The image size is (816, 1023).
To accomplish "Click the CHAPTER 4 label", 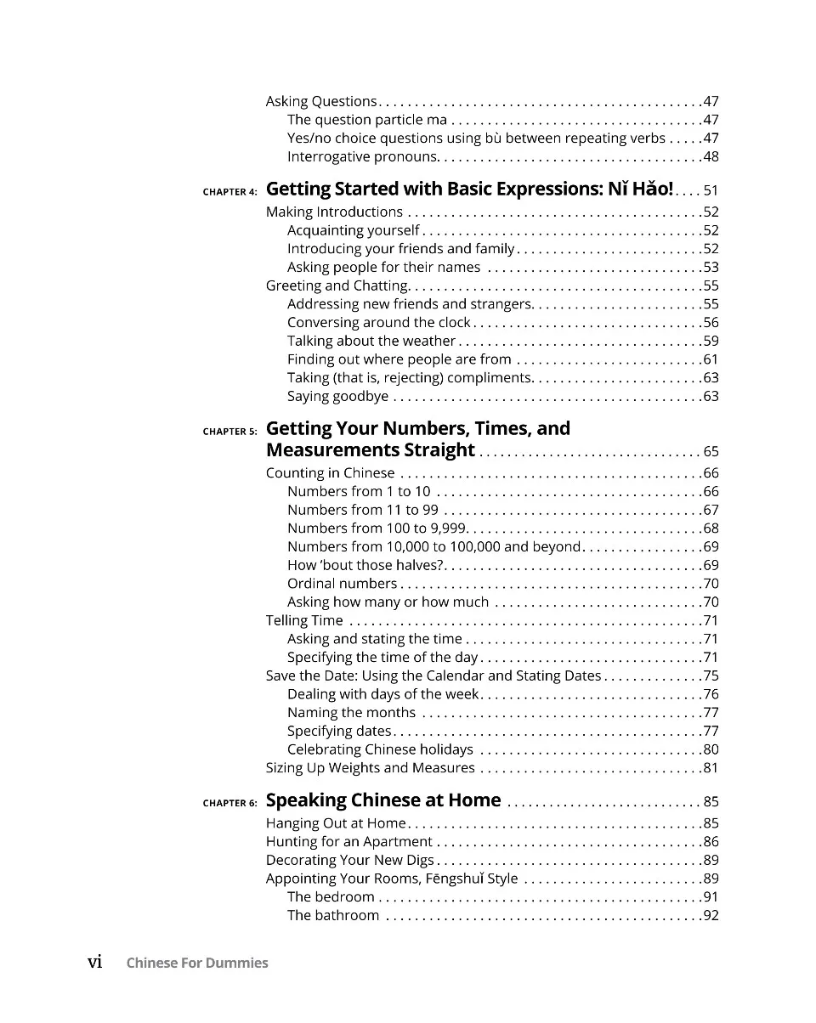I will click(x=229, y=192).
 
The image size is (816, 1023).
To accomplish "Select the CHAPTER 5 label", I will click(x=229, y=432).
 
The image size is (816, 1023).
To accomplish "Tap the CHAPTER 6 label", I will click(x=229, y=803).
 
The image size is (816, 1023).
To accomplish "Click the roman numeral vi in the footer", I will click(x=95, y=962).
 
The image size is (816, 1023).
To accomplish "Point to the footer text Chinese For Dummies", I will click(x=197, y=963).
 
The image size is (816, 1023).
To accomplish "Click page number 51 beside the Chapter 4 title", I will click(x=711, y=190).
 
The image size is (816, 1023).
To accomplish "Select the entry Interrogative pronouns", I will click(x=361, y=156).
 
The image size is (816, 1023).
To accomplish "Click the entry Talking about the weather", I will click(x=371, y=341).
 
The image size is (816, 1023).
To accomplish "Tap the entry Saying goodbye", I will click(x=337, y=396).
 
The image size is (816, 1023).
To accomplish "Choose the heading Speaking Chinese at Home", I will click(x=383, y=800).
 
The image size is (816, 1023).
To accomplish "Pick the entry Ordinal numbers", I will click(x=342, y=583).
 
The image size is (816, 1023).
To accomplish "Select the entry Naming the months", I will click(x=351, y=712).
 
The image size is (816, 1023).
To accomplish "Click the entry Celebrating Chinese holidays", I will click(x=380, y=749).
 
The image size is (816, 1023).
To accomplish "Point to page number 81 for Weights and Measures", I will click(x=711, y=768).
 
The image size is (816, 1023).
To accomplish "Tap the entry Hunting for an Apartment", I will click(x=348, y=841).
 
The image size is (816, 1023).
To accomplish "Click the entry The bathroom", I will click(x=333, y=915).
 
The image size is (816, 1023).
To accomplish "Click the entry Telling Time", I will click(x=304, y=620).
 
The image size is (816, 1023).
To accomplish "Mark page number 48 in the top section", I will click(x=711, y=156).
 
